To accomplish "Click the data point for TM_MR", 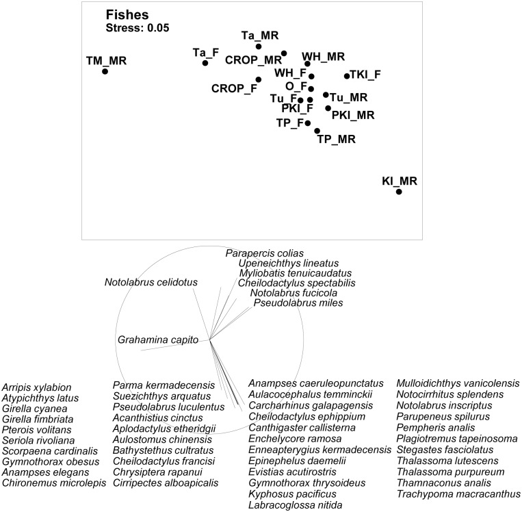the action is click(x=105, y=71).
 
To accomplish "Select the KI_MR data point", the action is click(x=399, y=192).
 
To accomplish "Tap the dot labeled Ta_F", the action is click(x=205, y=62).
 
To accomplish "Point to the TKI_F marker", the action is click(x=347, y=76).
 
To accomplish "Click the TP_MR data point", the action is click(x=317, y=131).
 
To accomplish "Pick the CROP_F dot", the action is click(x=259, y=79).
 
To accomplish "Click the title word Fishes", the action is click(x=127, y=14).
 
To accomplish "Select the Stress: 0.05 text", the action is click(x=138, y=27).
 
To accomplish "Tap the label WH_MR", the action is click(x=324, y=57).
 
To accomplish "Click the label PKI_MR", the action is click(x=353, y=115).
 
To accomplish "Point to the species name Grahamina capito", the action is click(x=158, y=340).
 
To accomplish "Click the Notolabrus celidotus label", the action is click(x=151, y=282).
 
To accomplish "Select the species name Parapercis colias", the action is click(x=265, y=253).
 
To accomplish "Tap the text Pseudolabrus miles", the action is click(x=298, y=303).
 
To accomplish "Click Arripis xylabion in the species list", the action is click(x=37, y=387).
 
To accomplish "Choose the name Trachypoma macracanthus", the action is click(x=459, y=494).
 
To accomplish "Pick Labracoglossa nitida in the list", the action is click(x=296, y=504).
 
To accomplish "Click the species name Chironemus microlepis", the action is click(x=54, y=483).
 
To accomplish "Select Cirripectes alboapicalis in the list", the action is click(x=166, y=483).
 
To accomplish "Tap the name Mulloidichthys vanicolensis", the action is click(x=458, y=383).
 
